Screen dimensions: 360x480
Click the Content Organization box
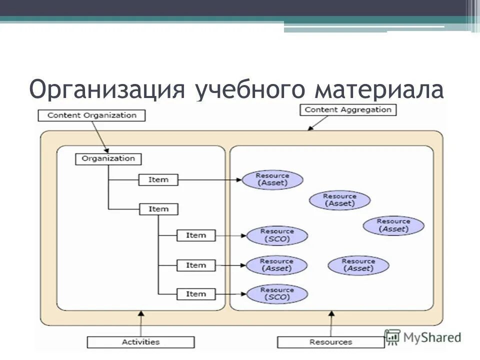(91, 115)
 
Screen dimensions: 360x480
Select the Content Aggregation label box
(348, 110)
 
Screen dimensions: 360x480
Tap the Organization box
(108, 159)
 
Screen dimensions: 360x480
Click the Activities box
(140, 342)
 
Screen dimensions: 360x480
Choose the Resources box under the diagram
(330, 342)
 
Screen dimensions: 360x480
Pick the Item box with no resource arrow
(158, 209)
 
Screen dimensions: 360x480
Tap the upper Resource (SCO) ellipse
(277, 235)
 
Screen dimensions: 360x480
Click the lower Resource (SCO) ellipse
(277, 294)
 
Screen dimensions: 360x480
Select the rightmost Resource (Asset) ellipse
(393, 225)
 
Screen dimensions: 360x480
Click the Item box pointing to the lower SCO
(196, 294)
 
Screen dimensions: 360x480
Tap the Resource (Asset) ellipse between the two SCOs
(276, 265)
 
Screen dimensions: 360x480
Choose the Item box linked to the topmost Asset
(158, 179)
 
